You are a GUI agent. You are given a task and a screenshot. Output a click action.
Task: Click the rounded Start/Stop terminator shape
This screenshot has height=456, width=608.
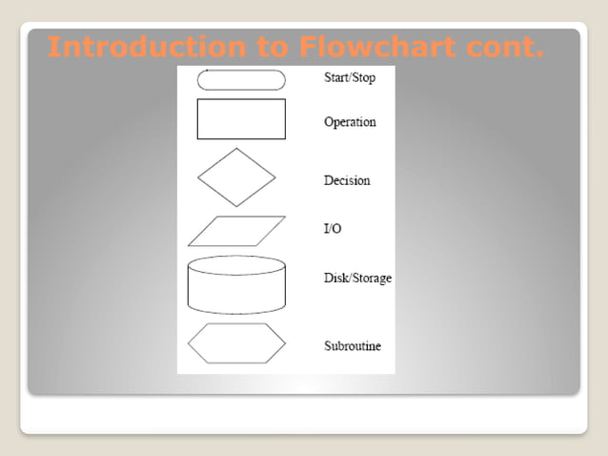[241, 80]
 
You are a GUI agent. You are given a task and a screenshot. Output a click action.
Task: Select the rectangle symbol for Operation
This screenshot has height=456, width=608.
[241, 119]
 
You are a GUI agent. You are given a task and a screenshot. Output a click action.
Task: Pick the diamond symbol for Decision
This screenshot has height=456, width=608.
[236, 177]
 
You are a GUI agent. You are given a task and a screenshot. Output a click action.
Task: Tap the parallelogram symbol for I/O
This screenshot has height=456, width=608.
[236, 231]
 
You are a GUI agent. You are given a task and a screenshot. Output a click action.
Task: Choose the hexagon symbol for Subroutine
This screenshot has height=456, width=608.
[236, 343]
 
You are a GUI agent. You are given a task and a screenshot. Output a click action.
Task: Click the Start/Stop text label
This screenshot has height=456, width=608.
[350, 77]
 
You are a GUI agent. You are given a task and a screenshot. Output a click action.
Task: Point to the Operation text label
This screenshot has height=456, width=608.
[350, 122]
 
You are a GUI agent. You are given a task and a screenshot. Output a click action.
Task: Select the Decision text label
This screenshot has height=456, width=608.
[347, 180]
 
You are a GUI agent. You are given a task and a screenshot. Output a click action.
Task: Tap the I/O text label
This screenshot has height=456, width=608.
[334, 230]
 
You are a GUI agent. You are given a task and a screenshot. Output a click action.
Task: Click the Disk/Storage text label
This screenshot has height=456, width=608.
[357, 279]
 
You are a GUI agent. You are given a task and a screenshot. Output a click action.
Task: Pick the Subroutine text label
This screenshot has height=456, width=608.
[353, 345]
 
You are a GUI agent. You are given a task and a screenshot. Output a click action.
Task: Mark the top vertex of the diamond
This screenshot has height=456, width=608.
[236, 148]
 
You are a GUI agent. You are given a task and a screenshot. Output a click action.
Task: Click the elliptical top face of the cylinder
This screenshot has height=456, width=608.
[237, 265]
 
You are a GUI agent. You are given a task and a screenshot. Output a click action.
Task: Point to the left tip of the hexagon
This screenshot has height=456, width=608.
[189, 343]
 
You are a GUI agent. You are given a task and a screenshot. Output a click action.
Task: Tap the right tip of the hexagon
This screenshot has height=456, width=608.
[285, 343]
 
